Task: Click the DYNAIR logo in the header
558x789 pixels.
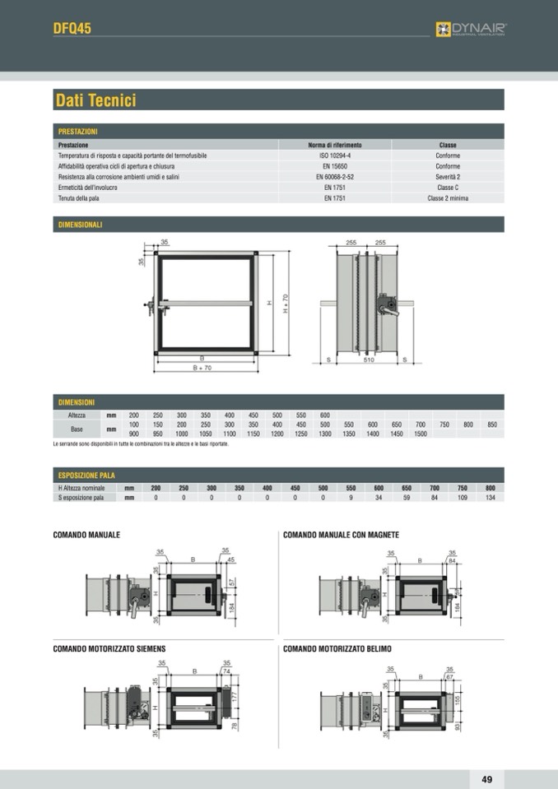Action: pyautogui.click(x=471, y=29)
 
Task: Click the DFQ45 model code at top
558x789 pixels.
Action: pyautogui.click(x=72, y=28)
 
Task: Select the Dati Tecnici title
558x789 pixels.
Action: pyautogui.click(x=95, y=100)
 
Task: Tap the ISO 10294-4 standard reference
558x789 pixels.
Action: pyautogui.click(x=334, y=155)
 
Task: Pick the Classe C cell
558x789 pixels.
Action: pyautogui.click(x=448, y=188)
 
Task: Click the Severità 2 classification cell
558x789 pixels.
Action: pyautogui.click(x=448, y=177)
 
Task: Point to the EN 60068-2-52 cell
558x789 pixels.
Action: pyautogui.click(x=334, y=177)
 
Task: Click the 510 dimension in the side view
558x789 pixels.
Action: pyautogui.click(x=369, y=360)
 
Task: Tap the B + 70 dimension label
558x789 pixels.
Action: pyautogui.click(x=202, y=368)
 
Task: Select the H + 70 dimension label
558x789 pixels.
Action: pyautogui.click(x=286, y=304)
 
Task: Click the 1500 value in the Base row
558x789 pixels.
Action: pyautogui.click(x=420, y=434)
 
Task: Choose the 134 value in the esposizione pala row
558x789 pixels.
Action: pyautogui.click(x=490, y=498)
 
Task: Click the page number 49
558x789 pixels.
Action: pyautogui.click(x=486, y=779)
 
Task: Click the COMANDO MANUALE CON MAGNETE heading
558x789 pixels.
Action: pyautogui.click(x=341, y=535)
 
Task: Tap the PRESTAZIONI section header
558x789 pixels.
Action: pyautogui.click(x=78, y=132)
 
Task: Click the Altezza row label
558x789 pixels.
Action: pyautogui.click(x=77, y=415)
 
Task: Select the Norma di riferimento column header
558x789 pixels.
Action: pyautogui.click(x=334, y=145)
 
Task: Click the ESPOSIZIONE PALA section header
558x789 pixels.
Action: pyautogui.click(x=86, y=476)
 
